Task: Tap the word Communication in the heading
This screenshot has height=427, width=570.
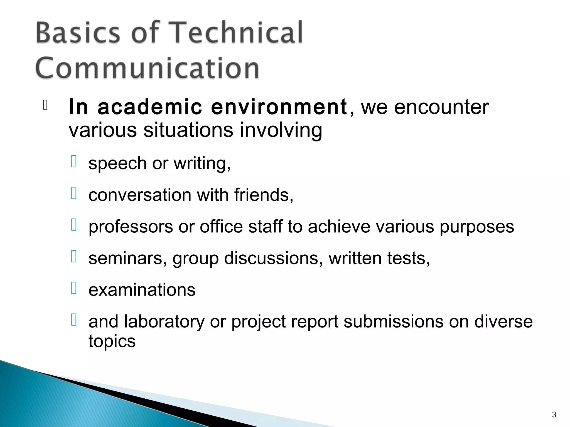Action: coord(148,68)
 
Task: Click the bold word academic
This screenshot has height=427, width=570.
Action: coord(150,107)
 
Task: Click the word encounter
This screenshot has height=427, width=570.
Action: coord(441,107)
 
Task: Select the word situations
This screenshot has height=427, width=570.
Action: coord(188,130)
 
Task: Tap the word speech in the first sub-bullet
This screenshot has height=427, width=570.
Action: coord(117,163)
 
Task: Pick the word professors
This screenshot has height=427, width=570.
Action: coord(131,227)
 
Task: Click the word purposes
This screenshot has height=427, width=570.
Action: coord(477,227)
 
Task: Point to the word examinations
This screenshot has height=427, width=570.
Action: coord(142,290)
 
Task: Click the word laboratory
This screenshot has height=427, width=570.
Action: coord(164,322)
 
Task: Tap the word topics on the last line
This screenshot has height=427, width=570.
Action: coord(112,341)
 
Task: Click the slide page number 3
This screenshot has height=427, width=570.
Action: coord(554,415)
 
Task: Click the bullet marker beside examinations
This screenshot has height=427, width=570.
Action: coord(74,288)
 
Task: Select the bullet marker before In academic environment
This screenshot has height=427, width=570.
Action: coord(45,105)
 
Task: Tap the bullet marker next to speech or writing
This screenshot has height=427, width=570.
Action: coord(74,162)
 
